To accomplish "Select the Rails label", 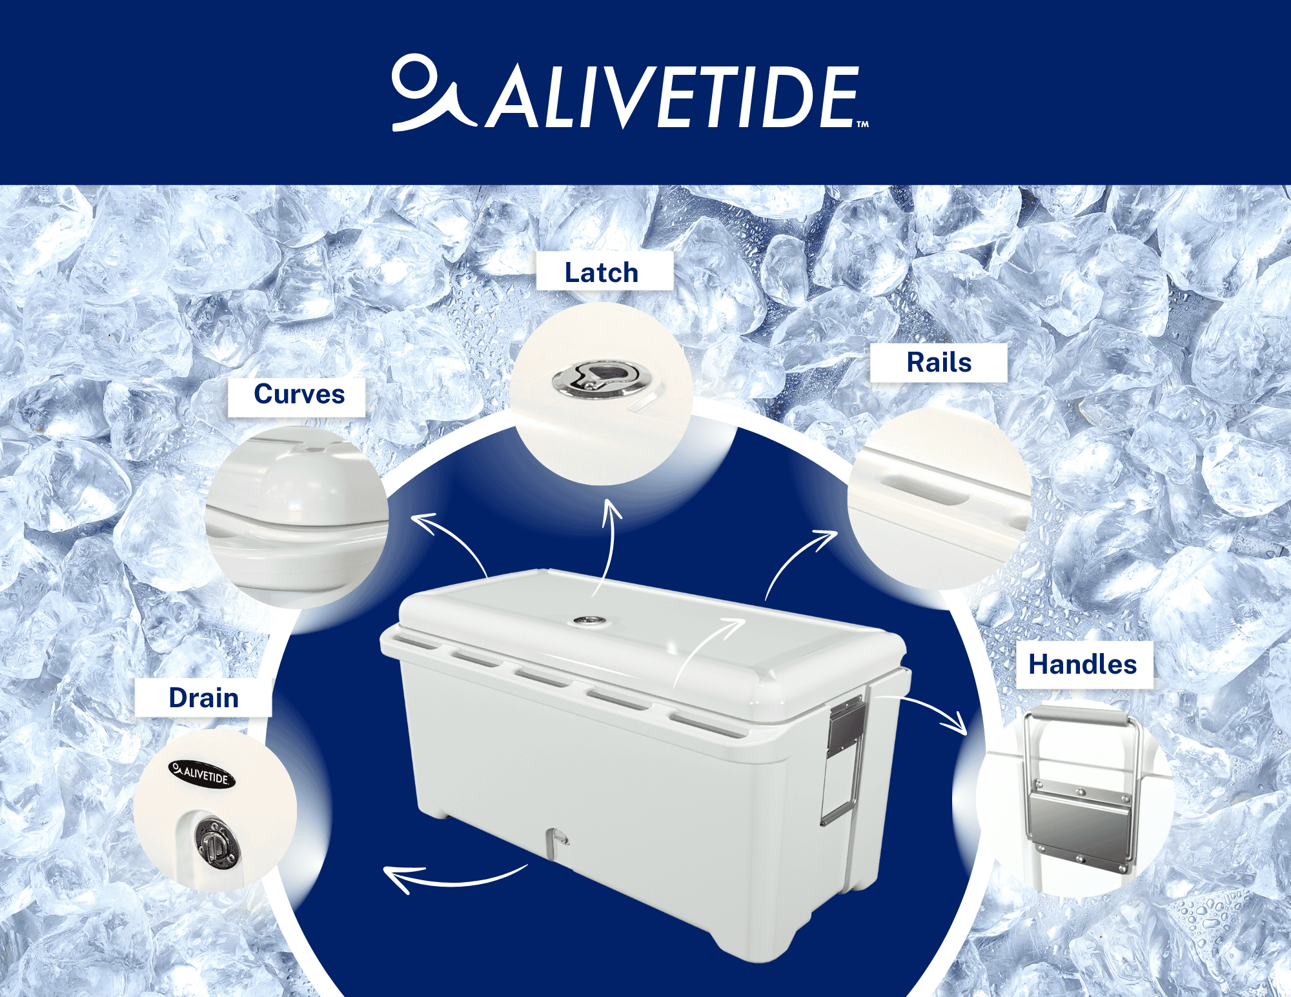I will pos(939,362).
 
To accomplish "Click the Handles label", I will pos(1083,664).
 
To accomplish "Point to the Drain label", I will pos(203,698).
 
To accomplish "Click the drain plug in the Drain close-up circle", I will pos(216,842).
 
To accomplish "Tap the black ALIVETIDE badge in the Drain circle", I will pos(201,773).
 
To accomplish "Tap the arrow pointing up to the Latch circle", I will pos(608,542).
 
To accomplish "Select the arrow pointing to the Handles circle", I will pos(930,710).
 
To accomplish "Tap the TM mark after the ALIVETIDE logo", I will pos(862,125).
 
